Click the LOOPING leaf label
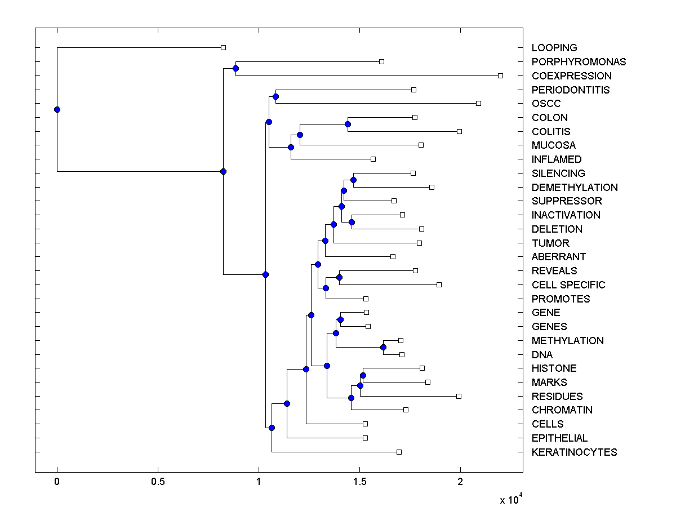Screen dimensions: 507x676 (x=554, y=48)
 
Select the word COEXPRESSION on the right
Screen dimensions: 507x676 (x=571, y=76)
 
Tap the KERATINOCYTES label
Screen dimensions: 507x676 (x=574, y=452)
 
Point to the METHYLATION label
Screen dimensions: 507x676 (x=567, y=341)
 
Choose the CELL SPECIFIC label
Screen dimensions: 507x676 (x=568, y=285)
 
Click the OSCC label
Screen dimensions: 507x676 (x=546, y=104)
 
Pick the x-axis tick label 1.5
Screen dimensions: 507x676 (x=359, y=482)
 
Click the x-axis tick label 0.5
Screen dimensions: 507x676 (x=158, y=482)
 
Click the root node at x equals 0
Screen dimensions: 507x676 (x=57, y=109)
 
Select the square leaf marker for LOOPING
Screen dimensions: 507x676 (x=223, y=48)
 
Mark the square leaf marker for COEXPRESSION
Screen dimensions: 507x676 (x=500, y=75)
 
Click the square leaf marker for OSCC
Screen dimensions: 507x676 (x=478, y=103)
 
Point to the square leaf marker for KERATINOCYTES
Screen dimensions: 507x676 (x=399, y=452)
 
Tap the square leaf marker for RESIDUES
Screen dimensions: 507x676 (x=459, y=396)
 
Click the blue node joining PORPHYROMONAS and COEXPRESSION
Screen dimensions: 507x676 (x=235, y=69)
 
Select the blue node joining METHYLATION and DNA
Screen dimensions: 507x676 (x=383, y=347)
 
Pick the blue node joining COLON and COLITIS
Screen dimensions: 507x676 (x=348, y=124)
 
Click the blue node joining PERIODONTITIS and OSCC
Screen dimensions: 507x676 (x=275, y=96)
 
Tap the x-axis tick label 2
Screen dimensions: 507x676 (x=460, y=482)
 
